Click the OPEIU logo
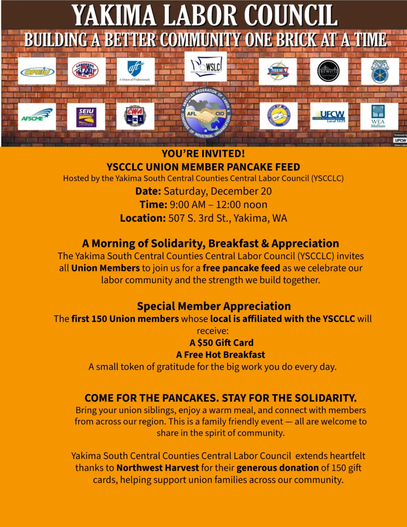[37, 71]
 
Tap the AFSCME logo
[37, 117]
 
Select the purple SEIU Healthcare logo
[86, 117]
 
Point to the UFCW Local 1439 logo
[329, 116]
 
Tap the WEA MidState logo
[379, 116]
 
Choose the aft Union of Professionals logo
[135, 71]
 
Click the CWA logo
[135, 116]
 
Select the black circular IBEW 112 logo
[329, 71]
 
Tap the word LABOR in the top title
[195, 16]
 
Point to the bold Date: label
[148, 191]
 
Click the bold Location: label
[143, 218]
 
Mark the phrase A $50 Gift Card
[221, 342]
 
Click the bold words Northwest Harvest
[158, 468]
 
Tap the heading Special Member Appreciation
[213, 306]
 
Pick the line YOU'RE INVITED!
[203, 154]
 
